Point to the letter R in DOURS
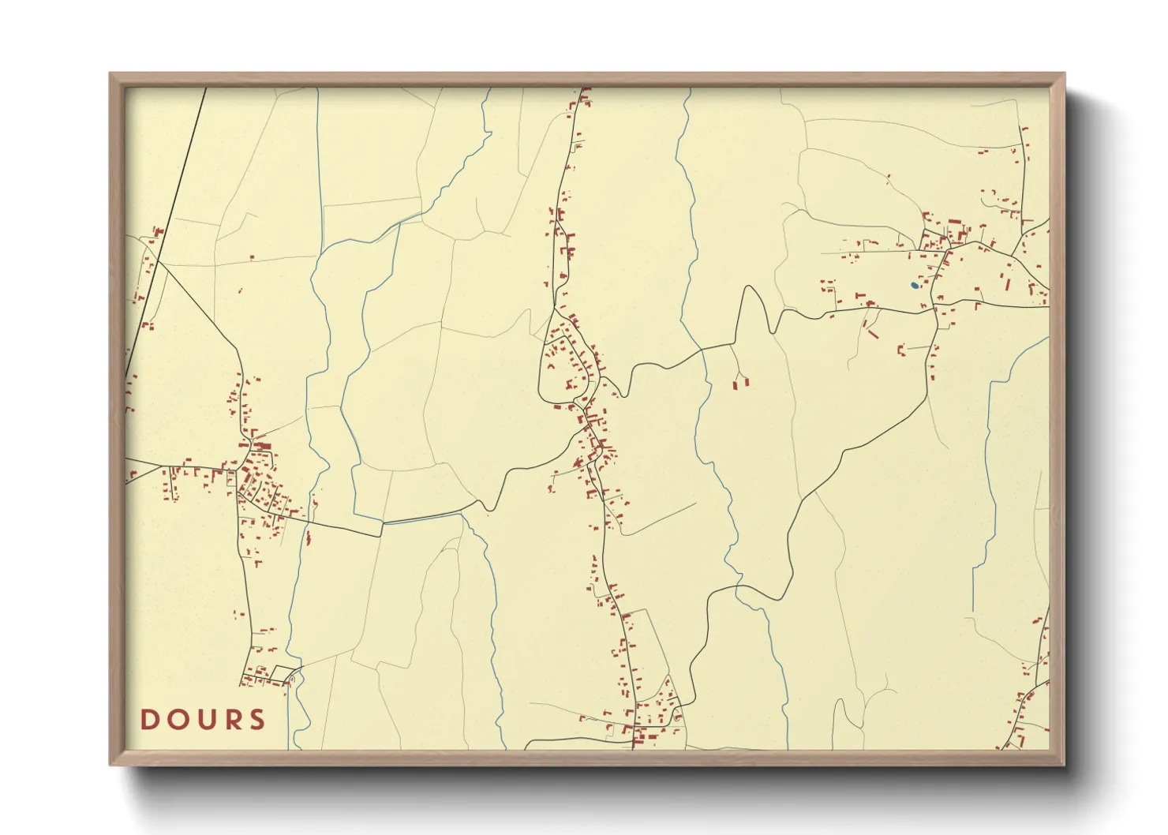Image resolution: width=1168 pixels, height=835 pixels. click(230, 720)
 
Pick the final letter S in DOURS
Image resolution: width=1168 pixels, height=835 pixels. click(256, 720)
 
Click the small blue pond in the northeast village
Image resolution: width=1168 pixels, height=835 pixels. click(914, 285)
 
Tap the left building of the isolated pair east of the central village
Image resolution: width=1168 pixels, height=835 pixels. click(736, 385)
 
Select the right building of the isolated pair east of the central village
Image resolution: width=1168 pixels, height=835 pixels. click(745, 382)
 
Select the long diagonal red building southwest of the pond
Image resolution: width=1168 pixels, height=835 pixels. click(873, 333)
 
